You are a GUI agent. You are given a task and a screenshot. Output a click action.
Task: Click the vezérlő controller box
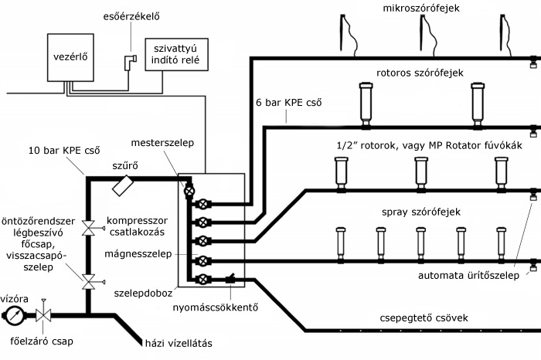tap(70, 58)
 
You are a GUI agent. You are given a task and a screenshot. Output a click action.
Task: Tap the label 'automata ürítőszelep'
tap(467, 275)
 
